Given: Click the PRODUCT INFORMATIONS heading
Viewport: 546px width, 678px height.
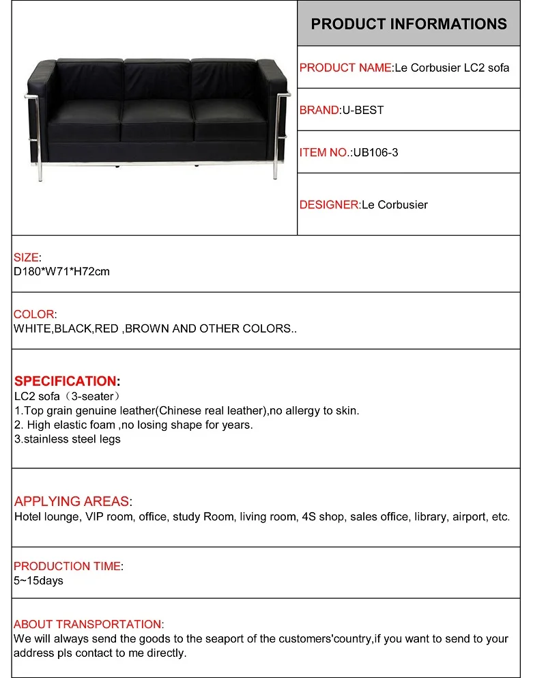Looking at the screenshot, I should coord(409,24).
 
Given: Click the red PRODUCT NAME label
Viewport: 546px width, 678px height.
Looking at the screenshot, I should coord(345,68).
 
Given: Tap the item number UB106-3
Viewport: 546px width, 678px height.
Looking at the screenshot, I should coord(375,152).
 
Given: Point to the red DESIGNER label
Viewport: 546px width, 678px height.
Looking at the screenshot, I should coord(329,204).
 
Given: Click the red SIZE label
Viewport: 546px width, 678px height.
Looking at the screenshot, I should coord(27,257).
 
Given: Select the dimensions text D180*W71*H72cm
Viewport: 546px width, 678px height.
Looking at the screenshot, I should coord(61,271).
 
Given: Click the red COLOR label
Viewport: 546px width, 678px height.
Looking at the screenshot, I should coord(34,314).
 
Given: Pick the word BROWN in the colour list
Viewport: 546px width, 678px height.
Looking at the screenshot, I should coord(147,328).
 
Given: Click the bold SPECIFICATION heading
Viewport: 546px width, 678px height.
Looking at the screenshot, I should coord(66,381).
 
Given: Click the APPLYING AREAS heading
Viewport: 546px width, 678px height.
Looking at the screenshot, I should coord(72,502).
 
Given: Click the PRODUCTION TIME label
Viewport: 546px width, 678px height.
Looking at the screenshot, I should coord(67,566).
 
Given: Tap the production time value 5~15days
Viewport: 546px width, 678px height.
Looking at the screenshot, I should coord(38,580).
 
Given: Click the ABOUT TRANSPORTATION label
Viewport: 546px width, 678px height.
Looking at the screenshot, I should coord(88,624).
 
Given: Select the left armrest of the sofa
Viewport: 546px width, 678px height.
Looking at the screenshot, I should coord(41,109).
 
